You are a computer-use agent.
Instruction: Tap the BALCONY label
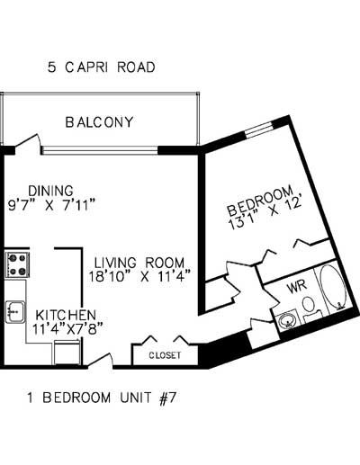99,122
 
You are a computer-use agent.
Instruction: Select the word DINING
50,191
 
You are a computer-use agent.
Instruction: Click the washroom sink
289,318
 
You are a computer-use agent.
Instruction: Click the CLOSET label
164,355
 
